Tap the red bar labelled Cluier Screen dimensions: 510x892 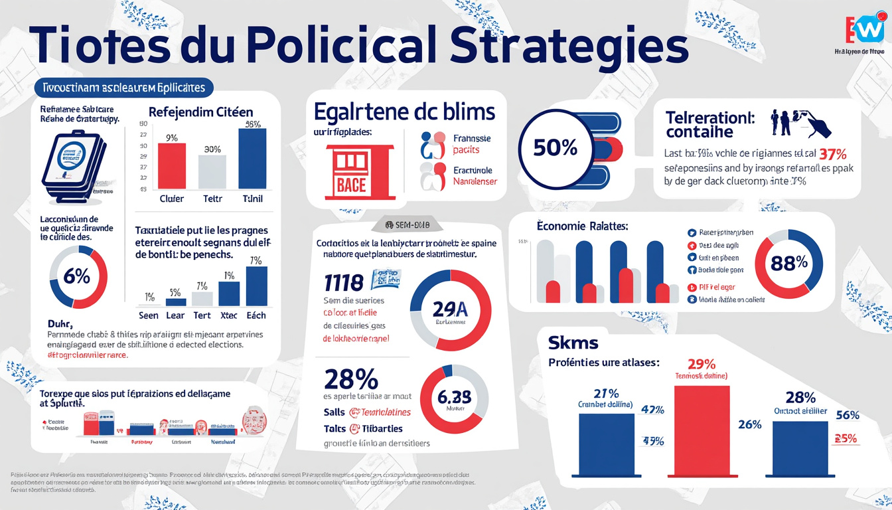(x=171, y=165)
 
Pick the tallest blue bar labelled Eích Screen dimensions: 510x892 (x=256, y=286)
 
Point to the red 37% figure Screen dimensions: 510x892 (x=832, y=153)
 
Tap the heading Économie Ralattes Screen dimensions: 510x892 (x=582, y=226)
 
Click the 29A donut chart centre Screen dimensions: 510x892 (x=451, y=309)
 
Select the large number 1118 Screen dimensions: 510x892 (x=344, y=283)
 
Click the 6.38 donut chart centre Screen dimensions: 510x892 (x=455, y=397)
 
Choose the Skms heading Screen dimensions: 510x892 (x=573, y=343)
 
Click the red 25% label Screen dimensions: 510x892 (x=845, y=438)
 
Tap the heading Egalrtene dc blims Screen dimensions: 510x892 (x=405, y=111)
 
